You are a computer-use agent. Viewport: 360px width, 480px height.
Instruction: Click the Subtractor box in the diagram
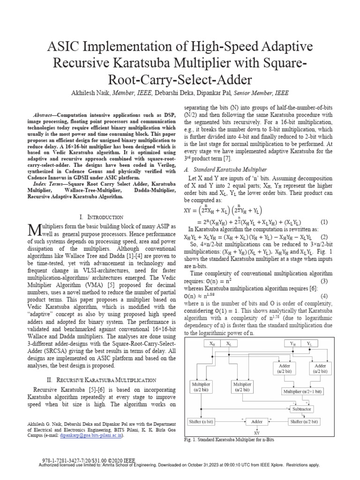pos(301,409)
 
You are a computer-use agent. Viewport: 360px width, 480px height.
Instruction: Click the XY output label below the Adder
pos(256,434)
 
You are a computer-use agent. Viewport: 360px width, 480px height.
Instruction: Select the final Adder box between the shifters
pos(256,422)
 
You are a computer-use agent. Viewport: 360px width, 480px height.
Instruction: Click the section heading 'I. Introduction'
pos(102,217)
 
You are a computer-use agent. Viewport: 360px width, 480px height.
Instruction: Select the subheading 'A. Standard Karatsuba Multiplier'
pos(226,169)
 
